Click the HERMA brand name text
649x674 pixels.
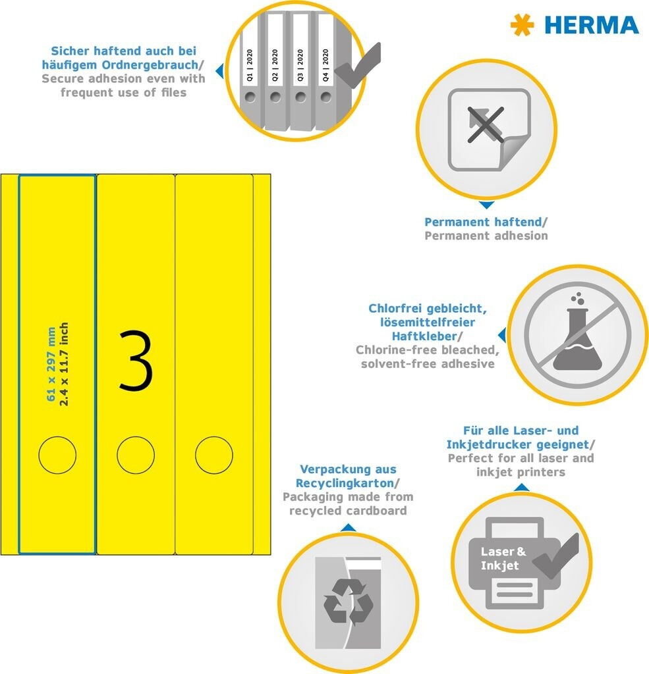click(591, 25)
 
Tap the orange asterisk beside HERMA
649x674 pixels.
click(522, 25)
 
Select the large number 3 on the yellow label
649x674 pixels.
click(136, 361)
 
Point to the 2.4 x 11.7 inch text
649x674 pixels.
click(64, 363)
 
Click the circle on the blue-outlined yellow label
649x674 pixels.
click(57, 455)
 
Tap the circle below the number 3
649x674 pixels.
click(136, 455)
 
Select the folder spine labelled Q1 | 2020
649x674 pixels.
click(250, 68)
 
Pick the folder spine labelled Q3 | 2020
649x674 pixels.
click(300, 68)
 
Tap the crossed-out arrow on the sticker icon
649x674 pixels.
click(486, 125)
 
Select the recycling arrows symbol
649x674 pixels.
click(348, 601)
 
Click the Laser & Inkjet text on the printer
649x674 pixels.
click(503, 558)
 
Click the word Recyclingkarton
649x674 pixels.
click(345, 483)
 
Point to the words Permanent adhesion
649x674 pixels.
click(486, 236)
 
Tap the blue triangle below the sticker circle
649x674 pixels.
click(486, 205)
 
